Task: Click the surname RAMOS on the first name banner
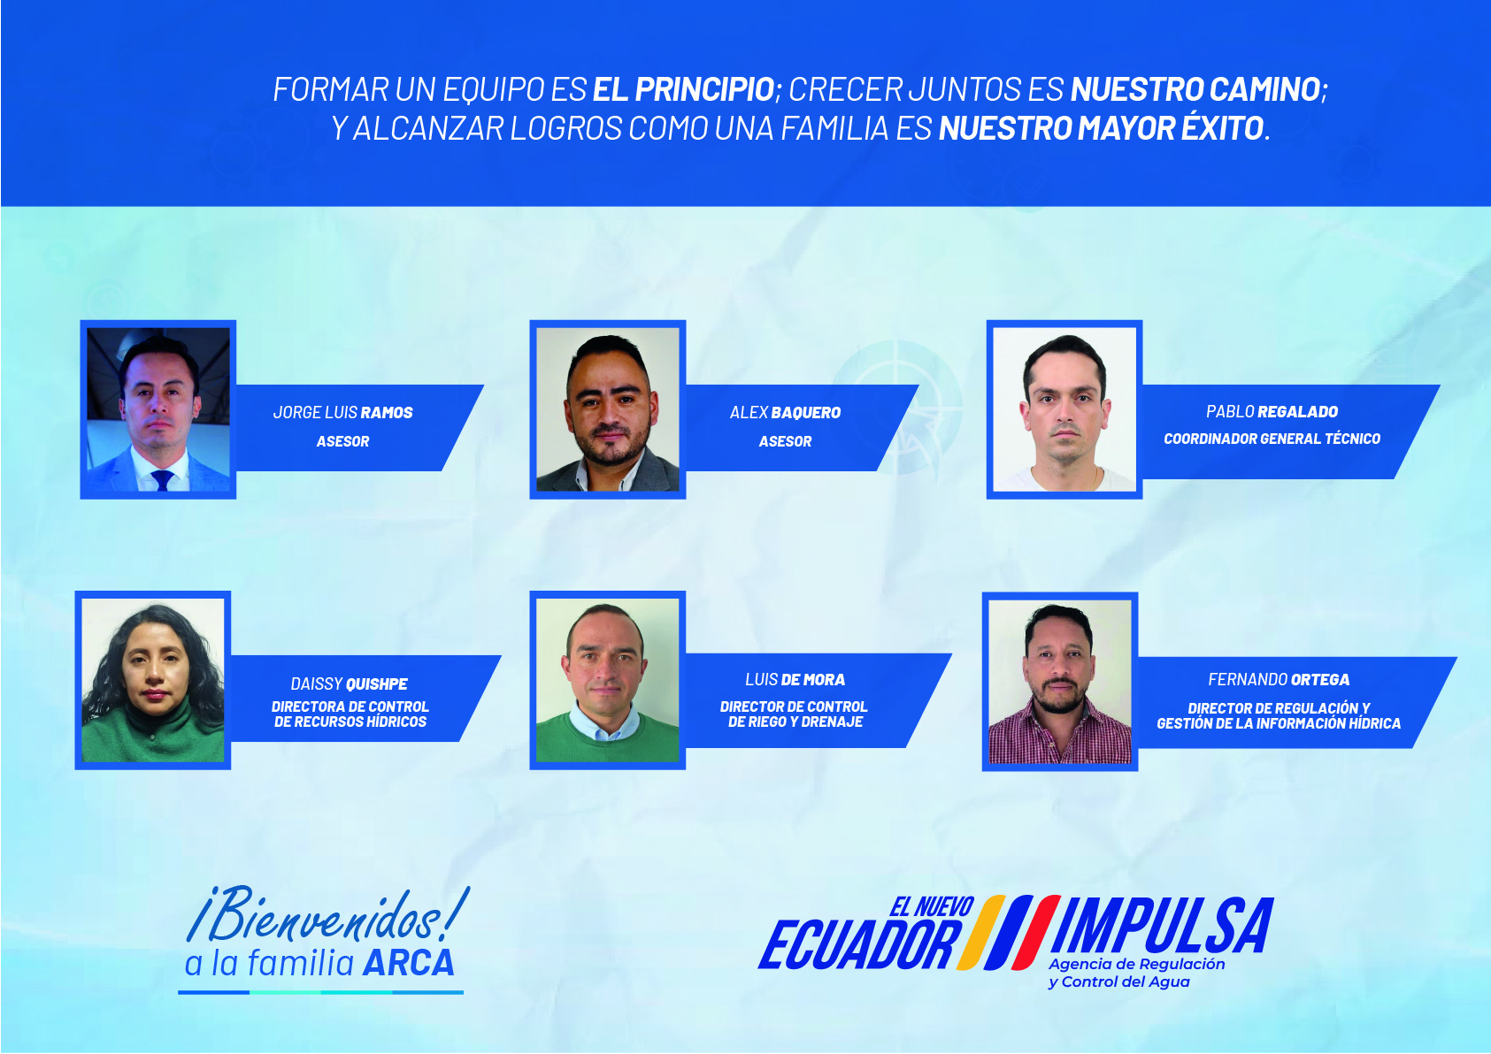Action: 387,412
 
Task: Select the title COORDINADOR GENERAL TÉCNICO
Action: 1272,439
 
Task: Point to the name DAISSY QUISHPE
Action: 350,684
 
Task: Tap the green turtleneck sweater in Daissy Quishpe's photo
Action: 153,735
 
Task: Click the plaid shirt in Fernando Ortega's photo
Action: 1060,735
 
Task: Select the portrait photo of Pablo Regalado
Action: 1064,409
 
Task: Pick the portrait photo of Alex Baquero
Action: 608,409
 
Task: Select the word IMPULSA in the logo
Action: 1163,925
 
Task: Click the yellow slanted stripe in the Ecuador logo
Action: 982,932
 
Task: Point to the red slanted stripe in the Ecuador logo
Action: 1035,932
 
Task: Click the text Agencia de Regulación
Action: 1137,964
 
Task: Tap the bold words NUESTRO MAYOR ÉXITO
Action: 1102,128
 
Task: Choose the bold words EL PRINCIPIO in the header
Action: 684,90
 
